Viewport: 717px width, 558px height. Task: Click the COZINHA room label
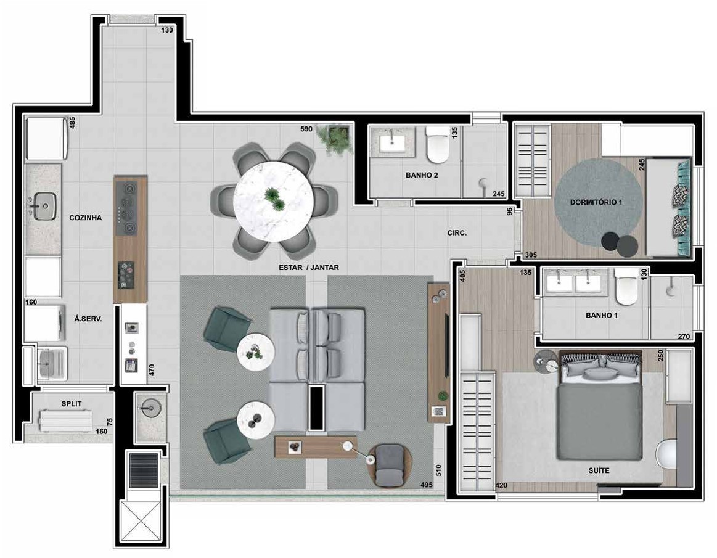click(x=86, y=218)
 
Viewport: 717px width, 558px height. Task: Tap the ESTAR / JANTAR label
click(x=308, y=268)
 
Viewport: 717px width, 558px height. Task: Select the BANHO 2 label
click(x=421, y=175)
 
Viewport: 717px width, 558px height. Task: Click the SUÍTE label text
click(x=598, y=470)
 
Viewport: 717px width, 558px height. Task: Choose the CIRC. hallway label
click(x=457, y=234)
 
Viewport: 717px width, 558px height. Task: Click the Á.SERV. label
click(x=88, y=319)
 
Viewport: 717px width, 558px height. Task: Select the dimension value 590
click(x=306, y=129)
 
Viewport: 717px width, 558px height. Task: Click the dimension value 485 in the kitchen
click(x=72, y=123)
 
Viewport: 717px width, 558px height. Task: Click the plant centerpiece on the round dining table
click(x=272, y=198)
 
